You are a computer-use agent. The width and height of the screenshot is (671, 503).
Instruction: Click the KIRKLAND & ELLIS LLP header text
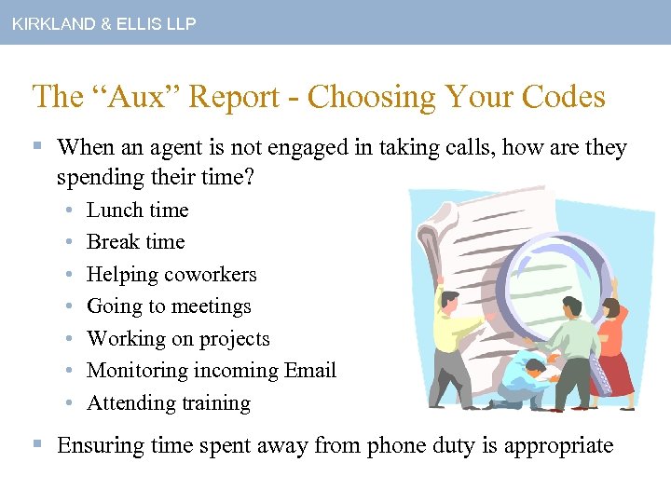103,24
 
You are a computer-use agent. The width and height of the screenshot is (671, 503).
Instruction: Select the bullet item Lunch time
137,211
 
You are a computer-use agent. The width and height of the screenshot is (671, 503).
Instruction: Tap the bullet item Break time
135,242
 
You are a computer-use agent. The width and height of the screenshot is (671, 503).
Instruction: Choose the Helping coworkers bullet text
171,275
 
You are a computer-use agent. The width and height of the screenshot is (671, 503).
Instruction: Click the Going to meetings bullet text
169,306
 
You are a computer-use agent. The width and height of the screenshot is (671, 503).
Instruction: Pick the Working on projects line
178,339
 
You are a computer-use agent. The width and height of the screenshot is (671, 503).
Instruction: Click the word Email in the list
311,371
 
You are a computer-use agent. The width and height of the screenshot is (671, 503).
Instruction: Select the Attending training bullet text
169,403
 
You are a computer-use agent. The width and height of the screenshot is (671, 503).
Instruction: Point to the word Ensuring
99,445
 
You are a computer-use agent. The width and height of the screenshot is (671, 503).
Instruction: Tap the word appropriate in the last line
558,445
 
